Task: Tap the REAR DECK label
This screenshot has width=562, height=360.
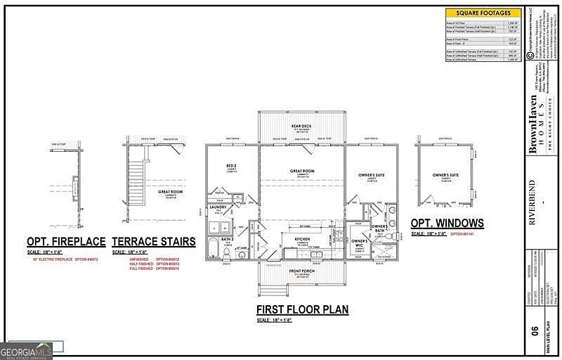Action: (x=302, y=127)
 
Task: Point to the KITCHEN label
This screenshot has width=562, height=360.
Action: (x=302, y=239)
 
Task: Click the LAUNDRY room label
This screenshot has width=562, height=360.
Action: (x=218, y=207)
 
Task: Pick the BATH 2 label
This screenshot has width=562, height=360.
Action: (x=226, y=240)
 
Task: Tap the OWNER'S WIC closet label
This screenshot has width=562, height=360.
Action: (x=360, y=243)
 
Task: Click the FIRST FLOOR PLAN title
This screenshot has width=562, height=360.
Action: (x=302, y=309)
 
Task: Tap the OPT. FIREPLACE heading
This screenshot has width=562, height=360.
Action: (x=66, y=242)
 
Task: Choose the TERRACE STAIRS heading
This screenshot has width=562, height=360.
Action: (x=154, y=242)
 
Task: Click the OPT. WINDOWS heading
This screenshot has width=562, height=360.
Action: (x=447, y=224)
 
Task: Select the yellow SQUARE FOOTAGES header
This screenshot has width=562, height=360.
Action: (x=483, y=13)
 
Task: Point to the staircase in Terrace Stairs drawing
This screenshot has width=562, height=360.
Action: (x=138, y=169)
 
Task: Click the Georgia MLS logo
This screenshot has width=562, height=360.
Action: (x=27, y=349)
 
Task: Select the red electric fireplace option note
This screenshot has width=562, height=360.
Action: (x=66, y=259)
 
